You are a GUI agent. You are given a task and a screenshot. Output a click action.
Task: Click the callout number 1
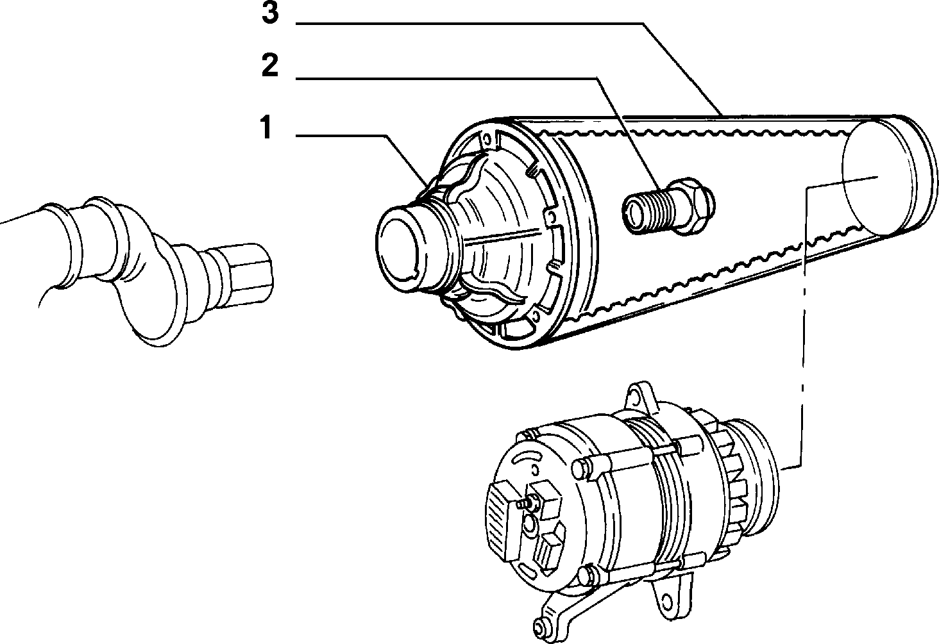[266, 127]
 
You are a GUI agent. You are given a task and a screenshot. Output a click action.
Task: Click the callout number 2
[269, 65]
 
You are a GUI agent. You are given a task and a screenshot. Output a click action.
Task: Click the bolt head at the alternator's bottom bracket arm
[541, 629]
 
